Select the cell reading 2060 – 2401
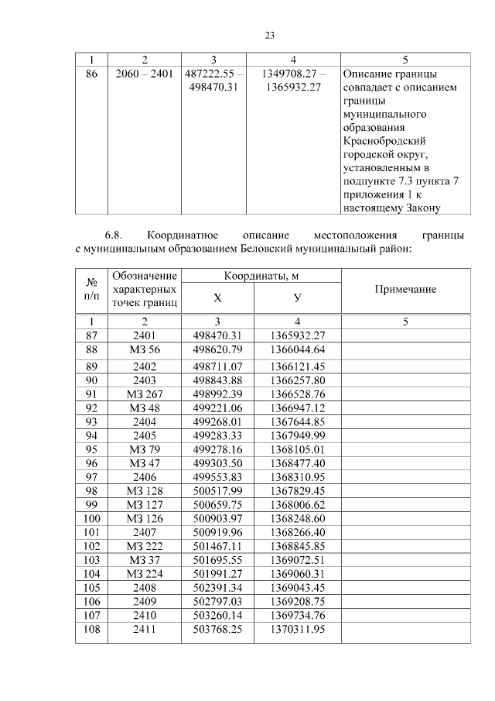(145, 74)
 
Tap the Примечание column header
(405, 289)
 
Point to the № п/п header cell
(91, 289)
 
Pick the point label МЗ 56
(145, 349)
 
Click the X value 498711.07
(217, 365)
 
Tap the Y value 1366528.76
(298, 394)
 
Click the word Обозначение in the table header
(145, 276)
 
